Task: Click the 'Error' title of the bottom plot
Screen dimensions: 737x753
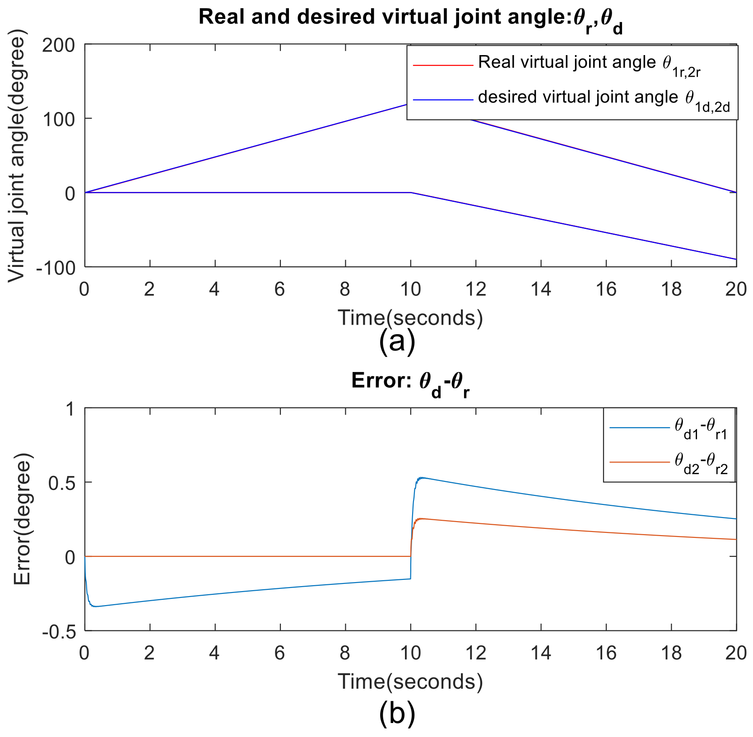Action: pos(410,382)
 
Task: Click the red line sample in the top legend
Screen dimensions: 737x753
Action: pos(442,66)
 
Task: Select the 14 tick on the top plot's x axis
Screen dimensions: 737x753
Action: pos(541,289)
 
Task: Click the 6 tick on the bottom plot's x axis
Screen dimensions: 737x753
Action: pos(280,653)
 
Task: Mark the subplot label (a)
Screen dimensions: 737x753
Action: pos(397,342)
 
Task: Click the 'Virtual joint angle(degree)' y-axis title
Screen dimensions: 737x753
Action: pos(17,156)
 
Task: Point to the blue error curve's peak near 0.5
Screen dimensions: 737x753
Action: pos(422,478)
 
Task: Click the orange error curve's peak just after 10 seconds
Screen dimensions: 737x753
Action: pos(422,519)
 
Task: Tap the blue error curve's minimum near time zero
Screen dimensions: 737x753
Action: pos(96,606)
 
